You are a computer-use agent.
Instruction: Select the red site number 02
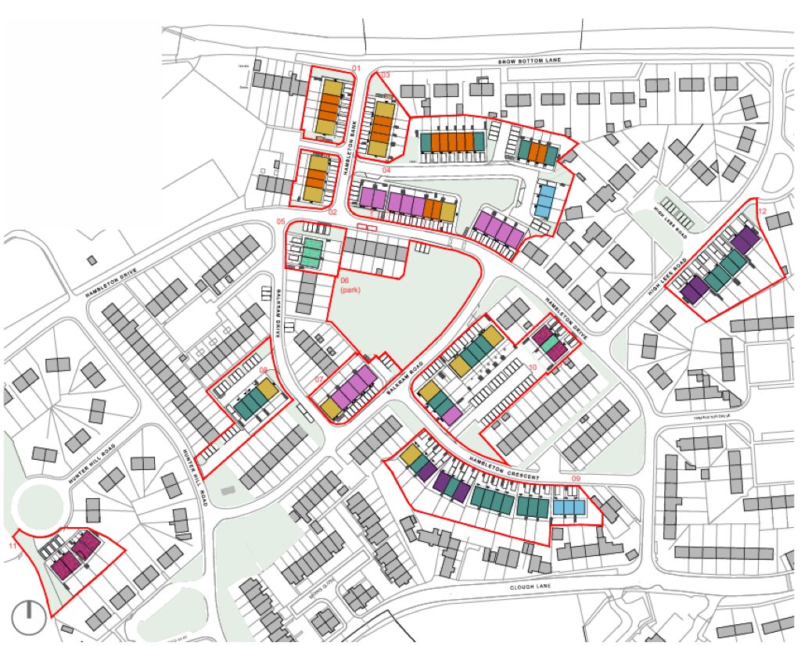pos(332,212)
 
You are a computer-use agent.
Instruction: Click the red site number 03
pos(386,75)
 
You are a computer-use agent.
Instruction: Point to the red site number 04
pos(386,170)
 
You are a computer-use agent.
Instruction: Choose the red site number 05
pos(281,222)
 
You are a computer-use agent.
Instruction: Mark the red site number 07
pos(318,380)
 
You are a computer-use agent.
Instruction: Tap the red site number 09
pos(576,478)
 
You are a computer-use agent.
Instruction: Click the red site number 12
pos(762,212)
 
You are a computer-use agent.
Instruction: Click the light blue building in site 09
pos(569,508)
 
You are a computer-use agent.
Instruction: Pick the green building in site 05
pos(313,253)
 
